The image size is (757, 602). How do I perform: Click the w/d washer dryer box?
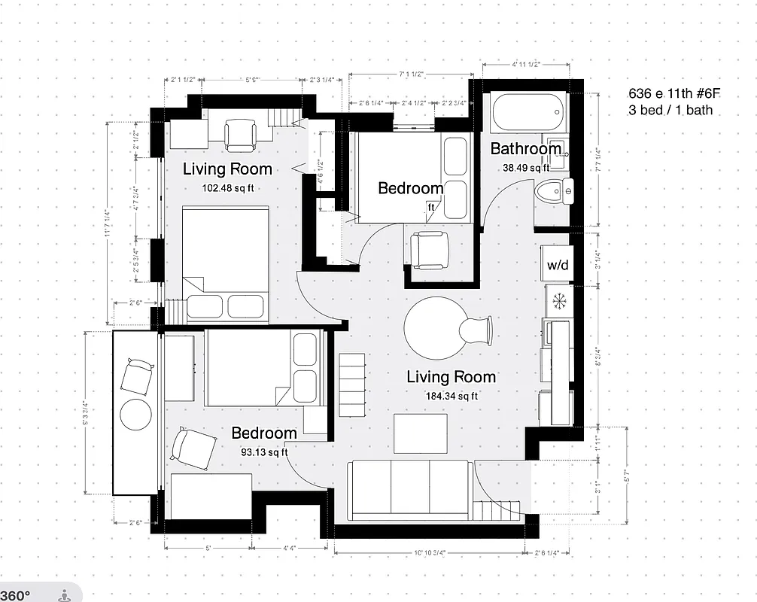(558, 265)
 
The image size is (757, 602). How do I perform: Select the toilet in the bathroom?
(553, 192)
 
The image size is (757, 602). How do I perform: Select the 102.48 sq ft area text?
(227, 187)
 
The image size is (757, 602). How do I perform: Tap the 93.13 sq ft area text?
(263, 451)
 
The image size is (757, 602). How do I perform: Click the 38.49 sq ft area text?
(527, 168)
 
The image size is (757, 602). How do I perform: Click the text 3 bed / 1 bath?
(670, 111)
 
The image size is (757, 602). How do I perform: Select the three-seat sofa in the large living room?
(411, 489)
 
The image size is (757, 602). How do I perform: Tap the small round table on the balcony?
(136, 412)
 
